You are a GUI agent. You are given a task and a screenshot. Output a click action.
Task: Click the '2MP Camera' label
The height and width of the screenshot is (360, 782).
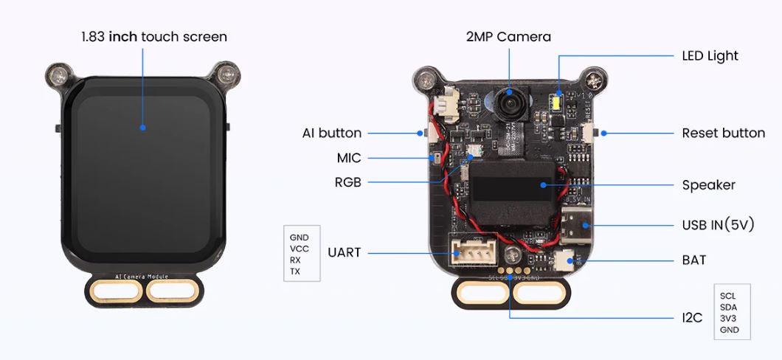click(x=508, y=36)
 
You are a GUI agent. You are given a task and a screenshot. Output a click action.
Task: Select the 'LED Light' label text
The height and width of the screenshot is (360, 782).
click(x=710, y=55)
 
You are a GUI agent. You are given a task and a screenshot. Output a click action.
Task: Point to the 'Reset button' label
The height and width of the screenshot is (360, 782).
click(x=723, y=134)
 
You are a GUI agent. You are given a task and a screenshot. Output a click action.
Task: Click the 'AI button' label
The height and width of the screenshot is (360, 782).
click(x=332, y=134)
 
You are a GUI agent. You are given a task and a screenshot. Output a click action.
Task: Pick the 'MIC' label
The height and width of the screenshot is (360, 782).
click(x=349, y=158)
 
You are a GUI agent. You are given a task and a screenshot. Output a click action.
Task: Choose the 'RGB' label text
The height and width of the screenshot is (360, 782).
click(x=347, y=181)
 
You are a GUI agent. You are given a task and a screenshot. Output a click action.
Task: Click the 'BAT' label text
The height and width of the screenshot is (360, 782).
click(x=694, y=260)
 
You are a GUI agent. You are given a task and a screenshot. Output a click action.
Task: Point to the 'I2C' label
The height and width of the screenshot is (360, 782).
click(x=693, y=319)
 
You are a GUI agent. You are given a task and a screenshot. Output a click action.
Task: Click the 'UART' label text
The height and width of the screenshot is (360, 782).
click(x=345, y=252)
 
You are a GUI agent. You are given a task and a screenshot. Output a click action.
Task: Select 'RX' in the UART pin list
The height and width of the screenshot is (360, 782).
click(x=295, y=260)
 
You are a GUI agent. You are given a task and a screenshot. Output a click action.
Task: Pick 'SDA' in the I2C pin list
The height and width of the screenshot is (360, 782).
click(x=727, y=307)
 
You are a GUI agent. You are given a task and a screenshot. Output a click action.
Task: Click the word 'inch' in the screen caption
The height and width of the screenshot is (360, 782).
click(x=123, y=36)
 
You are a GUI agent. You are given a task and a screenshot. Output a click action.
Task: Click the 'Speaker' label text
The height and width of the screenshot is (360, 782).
click(x=708, y=185)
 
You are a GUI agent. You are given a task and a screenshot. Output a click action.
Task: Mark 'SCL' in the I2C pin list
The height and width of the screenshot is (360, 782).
click(x=727, y=296)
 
